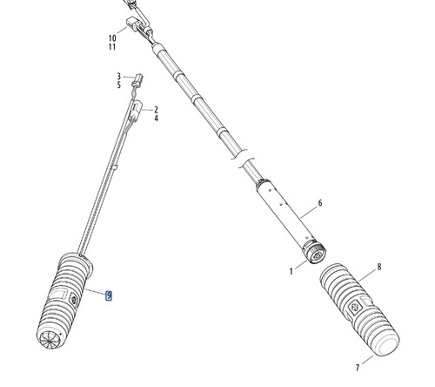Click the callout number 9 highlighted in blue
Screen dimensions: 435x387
click(x=109, y=295)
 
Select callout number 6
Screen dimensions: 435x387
click(x=320, y=203)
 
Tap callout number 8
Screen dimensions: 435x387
click(x=379, y=267)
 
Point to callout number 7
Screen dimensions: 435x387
click(x=358, y=368)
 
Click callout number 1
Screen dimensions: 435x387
click(x=291, y=271)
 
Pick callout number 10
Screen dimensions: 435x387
click(x=112, y=38)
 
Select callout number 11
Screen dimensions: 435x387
click(x=112, y=47)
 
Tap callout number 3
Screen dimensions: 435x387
click(x=118, y=77)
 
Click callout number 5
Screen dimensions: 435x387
click(x=118, y=85)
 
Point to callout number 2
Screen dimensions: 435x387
click(x=156, y=110)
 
